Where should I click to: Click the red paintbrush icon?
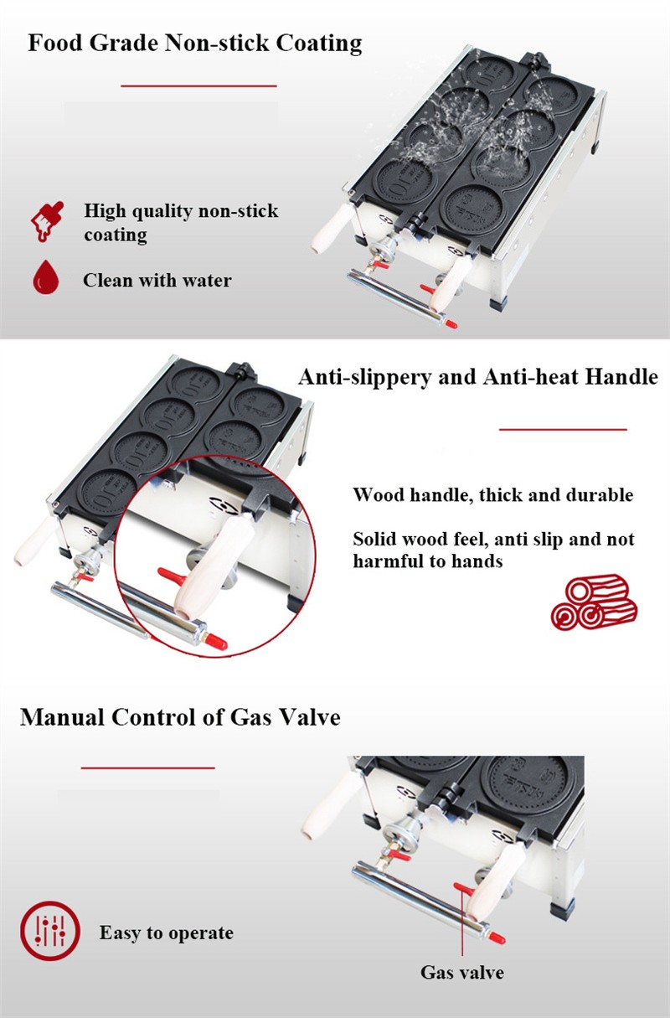47,221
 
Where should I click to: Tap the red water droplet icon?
46,276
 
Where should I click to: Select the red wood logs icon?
594,602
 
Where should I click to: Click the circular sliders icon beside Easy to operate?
50,930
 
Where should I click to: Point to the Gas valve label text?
462,973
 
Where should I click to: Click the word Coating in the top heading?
319,44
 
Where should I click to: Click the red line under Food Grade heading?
198,85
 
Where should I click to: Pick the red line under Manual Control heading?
147,768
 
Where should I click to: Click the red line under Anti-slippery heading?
563,429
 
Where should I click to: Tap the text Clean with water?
157,281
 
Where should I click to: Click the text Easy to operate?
167,933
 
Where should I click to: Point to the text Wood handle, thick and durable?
492,495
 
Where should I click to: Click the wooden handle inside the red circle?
213,567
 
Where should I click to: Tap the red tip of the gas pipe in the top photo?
451,324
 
